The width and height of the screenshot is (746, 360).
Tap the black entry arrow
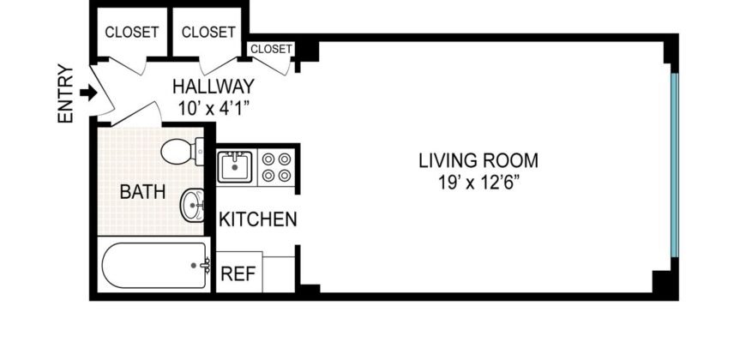(x=87, y=92)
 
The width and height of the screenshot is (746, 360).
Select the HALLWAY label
(x=214, y=87)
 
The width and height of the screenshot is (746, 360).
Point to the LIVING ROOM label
(x=478, y=159)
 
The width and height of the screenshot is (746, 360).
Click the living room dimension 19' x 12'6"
(x=478, y=182)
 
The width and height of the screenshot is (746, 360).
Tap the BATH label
(x=142, y=192)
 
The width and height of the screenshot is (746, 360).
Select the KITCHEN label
(x=258, y=219)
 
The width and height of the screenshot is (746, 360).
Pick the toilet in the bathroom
(x=177, y=153)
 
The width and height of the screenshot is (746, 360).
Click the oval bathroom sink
(x=192, y=206)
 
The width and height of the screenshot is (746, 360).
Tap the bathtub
(x=153, y=267)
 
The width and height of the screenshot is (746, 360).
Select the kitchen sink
(x=234, y=165)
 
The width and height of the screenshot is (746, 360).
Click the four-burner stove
(x=276, y=166)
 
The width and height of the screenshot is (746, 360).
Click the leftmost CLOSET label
(x=131, y=33)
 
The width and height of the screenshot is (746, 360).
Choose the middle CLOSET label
(x=208, y=33)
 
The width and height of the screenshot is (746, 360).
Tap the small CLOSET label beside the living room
(x=272, y=49)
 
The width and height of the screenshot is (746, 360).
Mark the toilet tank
(x=200, y=153)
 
